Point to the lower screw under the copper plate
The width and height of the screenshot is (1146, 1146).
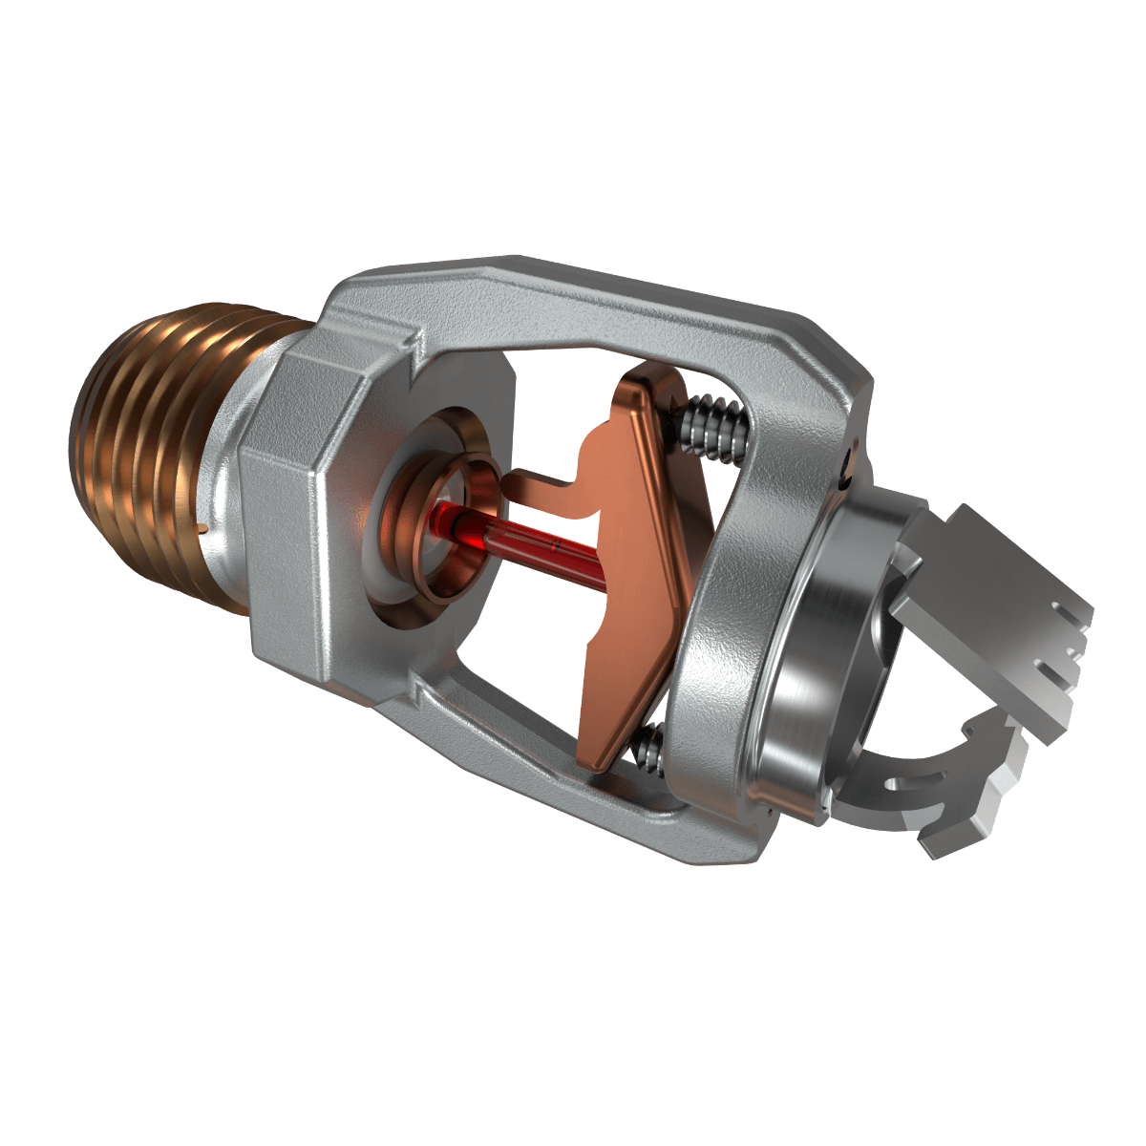(x=647, y=747)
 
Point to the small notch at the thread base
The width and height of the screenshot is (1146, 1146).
(x=202, y=526)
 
